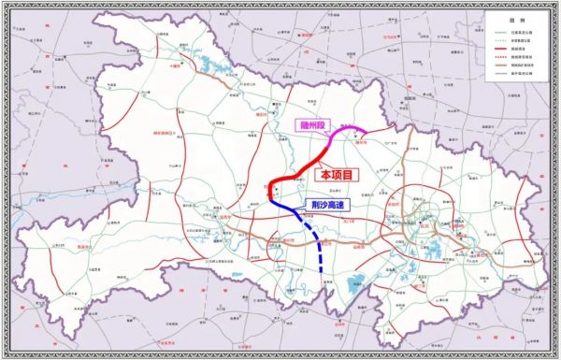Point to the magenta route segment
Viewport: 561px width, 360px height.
[346, 133]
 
